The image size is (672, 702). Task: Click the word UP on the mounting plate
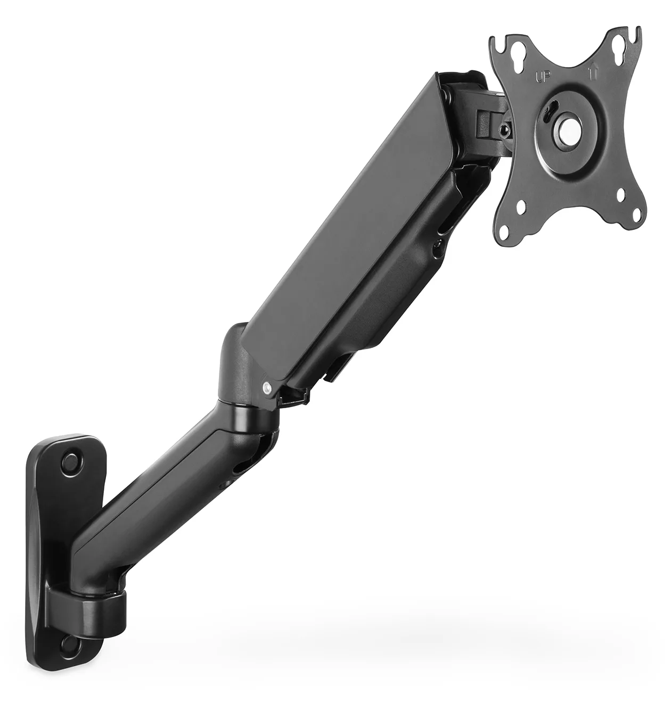point(542,77)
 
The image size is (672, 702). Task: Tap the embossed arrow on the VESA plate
point(592,73)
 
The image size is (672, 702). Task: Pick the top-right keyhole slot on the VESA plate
point(619,47)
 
